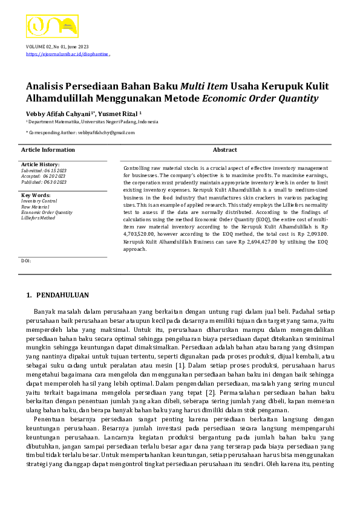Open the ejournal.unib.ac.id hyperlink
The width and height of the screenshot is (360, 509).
[67, 54]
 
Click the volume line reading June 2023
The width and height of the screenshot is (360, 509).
[57, 47]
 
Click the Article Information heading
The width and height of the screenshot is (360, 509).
[48, 150]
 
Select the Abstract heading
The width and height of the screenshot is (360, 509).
[224, 150]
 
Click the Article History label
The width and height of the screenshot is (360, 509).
[40, 164]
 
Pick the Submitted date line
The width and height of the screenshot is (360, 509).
[44, 170]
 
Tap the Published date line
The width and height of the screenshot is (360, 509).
[44, 182]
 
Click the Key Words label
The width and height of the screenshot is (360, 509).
[36, 195]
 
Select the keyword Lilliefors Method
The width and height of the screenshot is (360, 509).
[38, 218]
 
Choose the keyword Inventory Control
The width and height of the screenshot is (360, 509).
[39, 201]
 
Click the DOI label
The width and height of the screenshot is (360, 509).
[25, 261]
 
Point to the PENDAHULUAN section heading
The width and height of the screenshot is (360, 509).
[62, 295]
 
